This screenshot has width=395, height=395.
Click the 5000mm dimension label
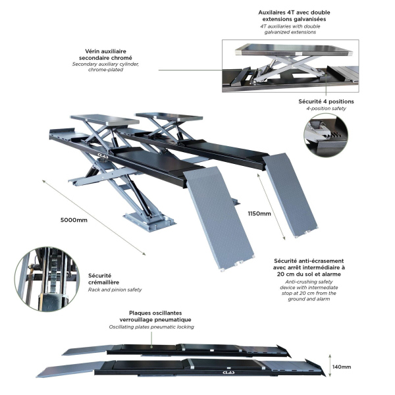[x=74, y=220]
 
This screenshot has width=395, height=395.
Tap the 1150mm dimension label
[x=259, y=213]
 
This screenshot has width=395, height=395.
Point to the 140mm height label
[x=341, y=367]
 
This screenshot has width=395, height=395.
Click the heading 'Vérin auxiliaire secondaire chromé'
[x=105, y=55]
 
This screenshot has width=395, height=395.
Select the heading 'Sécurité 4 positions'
[x=326, y=101]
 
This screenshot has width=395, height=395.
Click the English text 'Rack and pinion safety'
[x=115, y=290]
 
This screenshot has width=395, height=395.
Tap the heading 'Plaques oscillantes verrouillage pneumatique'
[x=155, y=316]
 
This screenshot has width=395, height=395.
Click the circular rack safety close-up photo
[x=47, y=279]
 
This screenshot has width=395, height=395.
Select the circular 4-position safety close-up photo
[x=326, y=135]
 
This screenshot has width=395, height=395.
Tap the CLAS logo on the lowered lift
[x=228, y=373]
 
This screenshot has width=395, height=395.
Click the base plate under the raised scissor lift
[x=149, y=221]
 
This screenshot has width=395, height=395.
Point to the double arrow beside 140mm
[x=330, y=365]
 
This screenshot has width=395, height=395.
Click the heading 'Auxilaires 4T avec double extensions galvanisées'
[x=294, y=16]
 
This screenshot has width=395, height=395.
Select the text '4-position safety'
[x=326, y=109]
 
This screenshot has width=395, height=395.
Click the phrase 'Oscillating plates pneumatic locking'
[x=151, y=327]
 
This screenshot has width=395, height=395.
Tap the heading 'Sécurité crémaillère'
[x=103, y=279]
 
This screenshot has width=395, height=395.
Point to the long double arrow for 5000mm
[x=94, y=217]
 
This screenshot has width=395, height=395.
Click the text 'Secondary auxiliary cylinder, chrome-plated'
[x=105, y=66]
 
